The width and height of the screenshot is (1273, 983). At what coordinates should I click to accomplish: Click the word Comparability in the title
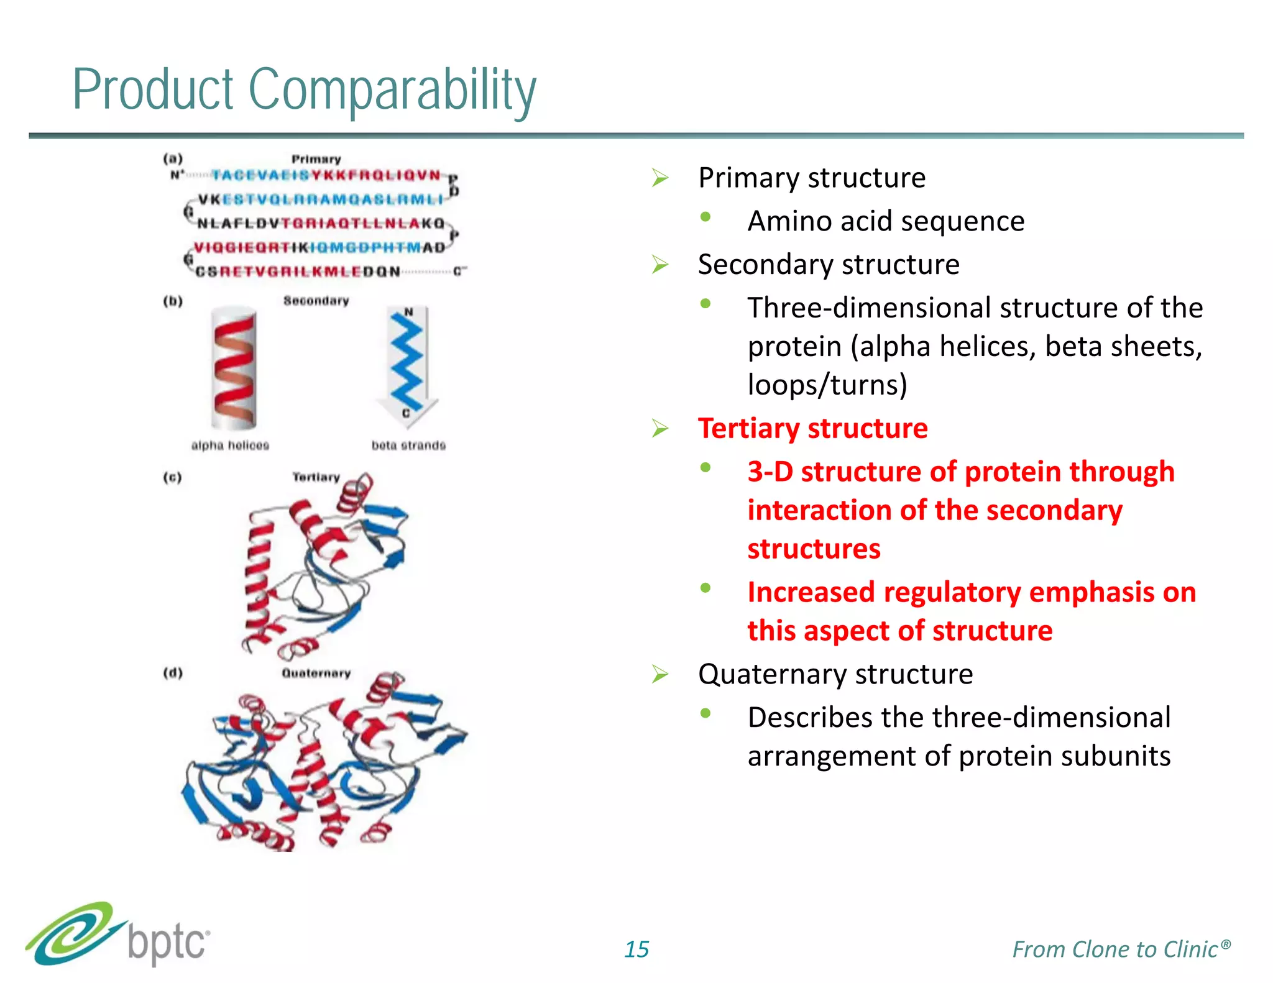point(392,90)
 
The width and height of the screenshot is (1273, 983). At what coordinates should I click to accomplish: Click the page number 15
point(636,949)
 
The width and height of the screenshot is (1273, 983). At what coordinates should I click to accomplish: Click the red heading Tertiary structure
point(812,428)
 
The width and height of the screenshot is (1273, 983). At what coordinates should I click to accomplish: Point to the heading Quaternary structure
point(835,674)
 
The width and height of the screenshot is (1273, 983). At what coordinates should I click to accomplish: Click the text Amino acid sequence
point(885,221)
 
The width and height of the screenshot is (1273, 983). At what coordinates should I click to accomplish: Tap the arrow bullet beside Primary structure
point(659,178)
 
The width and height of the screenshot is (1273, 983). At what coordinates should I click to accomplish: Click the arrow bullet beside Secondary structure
point(659,265)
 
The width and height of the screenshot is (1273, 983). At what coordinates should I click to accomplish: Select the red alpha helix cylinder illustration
point(234,368)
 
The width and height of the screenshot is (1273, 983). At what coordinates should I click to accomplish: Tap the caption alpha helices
point(230,445)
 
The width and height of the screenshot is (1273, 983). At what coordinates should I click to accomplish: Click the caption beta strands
point(408,445)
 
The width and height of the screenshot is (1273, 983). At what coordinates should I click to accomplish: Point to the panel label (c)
point(172,477)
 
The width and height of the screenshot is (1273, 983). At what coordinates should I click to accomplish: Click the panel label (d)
point(172,673)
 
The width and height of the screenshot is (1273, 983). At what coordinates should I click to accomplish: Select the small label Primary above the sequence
point(316,159)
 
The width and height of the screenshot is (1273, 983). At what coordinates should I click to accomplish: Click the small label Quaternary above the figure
point(316,673)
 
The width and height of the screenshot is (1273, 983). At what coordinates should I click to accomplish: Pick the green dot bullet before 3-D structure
point(705,468)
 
